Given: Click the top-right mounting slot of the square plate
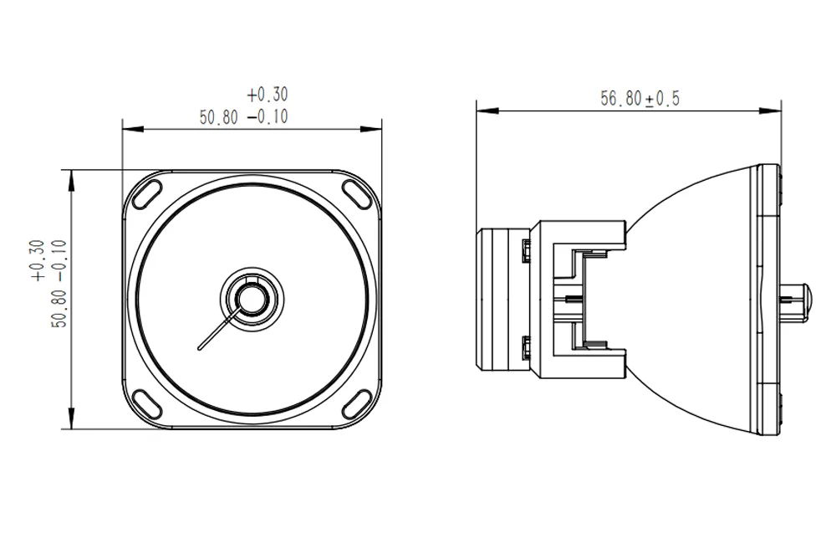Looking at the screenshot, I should click(x=356, y=191).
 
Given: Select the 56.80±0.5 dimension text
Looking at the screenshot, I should click(x=640, y=99).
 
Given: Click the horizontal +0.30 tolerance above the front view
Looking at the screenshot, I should click(x=268, y=95).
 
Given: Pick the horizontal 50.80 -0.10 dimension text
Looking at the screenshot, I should click(x=243, y=117).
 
